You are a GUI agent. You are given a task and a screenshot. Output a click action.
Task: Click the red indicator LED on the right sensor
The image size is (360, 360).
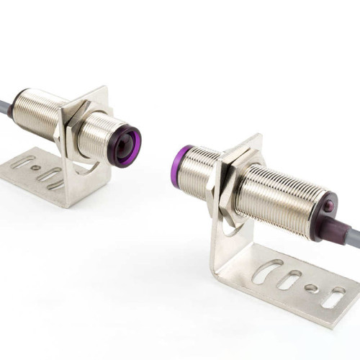(329, 207)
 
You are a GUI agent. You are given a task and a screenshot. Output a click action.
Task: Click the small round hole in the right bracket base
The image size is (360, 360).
(310, 287)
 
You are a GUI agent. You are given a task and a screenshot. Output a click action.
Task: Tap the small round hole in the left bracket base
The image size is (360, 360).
(35, 168)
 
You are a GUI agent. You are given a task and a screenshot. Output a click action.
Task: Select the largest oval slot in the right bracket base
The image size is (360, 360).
(269, 271)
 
